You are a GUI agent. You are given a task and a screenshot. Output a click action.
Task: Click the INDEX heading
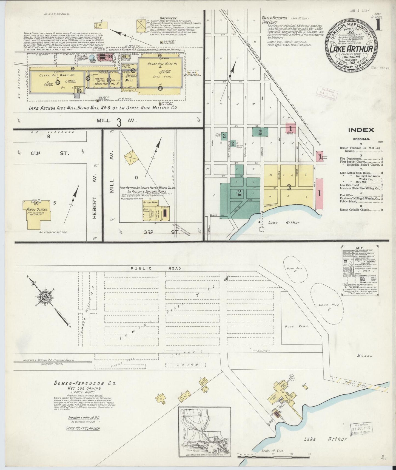pos(361,130)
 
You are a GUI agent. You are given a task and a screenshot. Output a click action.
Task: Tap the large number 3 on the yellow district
pos(289,188)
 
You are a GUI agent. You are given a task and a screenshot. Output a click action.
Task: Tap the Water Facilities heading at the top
pos(274,18)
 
